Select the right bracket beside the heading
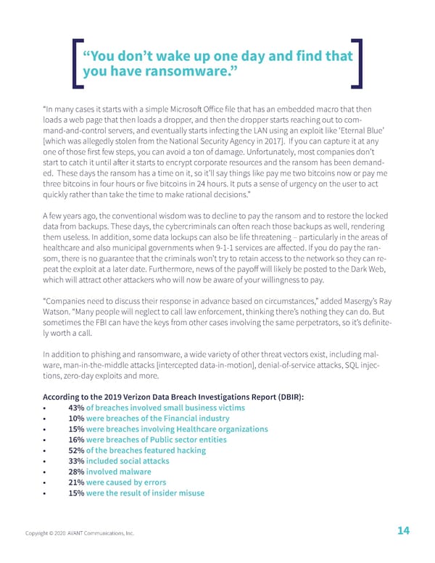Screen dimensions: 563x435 [x=357, y=64]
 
